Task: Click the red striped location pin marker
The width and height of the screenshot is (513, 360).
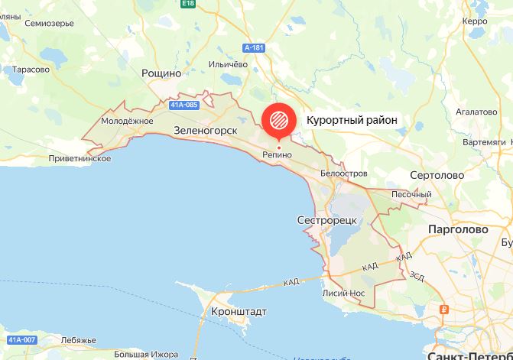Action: point(278,120)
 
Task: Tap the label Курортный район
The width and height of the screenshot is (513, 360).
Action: point(353,121)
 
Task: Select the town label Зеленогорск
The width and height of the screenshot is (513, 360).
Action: point(206,131)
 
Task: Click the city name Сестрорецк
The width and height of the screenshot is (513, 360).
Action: point(326,220)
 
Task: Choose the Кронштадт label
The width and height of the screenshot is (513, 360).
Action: point(236,313)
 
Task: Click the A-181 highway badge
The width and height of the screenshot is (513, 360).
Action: point(254,48)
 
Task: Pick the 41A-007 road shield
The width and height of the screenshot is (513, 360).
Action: point(20,339)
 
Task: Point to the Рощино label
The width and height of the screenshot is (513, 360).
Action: point(161,73)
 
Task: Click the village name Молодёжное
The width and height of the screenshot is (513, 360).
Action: point(128,121)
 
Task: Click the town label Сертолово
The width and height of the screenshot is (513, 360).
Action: point(437,175)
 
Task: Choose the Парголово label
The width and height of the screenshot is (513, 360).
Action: point(457,229)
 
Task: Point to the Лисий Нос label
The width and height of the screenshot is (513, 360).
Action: point(346,293)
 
